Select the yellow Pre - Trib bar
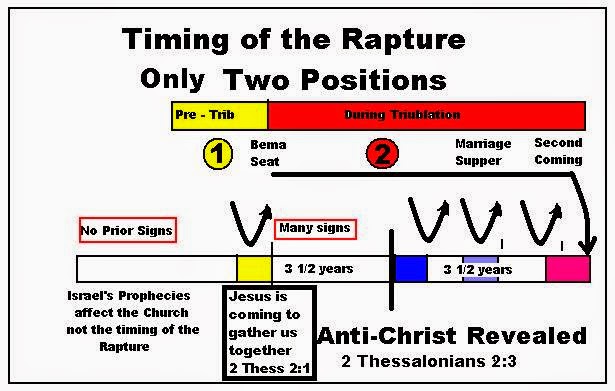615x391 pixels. click(x=220, y=114)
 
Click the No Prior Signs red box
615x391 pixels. click(x=127, y=230)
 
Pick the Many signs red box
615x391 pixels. click(x=315, y=228)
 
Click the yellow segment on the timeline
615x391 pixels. click(x=253, y=268)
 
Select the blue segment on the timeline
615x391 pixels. click(x=410, y=268)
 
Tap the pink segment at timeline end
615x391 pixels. click(x=567, y=268)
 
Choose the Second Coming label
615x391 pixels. click(x=558, y=152)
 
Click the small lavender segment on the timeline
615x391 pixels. click(x=480, y=268)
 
